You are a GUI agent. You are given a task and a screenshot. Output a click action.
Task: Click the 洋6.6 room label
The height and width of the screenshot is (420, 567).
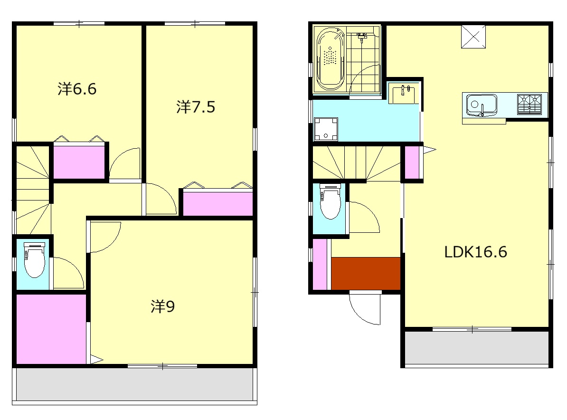click(x=77, y=89)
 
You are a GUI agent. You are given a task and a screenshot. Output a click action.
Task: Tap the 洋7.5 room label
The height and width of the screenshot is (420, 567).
click(x=196, y=107)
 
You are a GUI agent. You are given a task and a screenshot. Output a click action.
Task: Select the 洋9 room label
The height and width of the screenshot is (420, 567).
click(x=163, y=307)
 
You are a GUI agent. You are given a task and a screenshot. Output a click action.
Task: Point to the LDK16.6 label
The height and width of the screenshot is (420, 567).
click(x=475, y=252)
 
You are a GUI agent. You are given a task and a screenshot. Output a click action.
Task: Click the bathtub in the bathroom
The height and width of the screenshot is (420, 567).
click(x=331, y=58)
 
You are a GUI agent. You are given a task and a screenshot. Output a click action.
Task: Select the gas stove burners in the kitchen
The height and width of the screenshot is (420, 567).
click(x=529, y=104)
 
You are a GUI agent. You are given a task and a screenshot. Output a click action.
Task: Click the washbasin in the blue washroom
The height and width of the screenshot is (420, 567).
click(x=404, y=95)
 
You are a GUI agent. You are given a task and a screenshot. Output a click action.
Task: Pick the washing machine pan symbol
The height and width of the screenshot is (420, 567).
click(x=326, y=129)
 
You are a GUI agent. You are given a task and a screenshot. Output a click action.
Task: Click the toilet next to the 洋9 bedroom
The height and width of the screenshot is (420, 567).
click(x=34, y=260)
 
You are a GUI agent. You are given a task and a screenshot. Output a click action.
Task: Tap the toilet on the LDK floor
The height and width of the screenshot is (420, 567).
click(x=331, y=201)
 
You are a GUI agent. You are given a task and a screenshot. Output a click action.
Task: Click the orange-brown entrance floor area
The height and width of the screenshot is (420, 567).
click(x=366, y=273)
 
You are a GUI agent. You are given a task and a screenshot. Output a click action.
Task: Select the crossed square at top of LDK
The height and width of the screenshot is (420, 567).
click(x=473, y=37)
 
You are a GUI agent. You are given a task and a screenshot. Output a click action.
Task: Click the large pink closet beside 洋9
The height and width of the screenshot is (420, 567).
click(x=51, y=329)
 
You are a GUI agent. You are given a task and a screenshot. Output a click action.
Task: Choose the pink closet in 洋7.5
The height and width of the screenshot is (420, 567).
click(x=217, y=204)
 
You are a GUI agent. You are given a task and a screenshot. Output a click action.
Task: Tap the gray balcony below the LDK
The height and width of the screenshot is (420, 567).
click(x=477, y=348)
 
